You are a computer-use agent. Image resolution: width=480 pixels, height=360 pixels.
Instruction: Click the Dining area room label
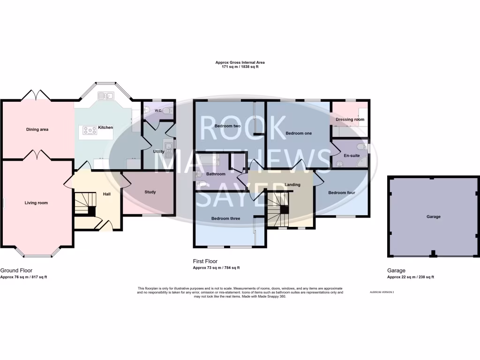[x=37, y=129]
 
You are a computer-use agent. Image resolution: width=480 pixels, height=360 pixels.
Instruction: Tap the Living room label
[x=36, y=203]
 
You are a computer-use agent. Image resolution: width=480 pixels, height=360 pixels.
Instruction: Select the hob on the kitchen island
[x=89, y=130]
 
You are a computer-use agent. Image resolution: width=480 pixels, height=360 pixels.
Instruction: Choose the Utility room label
[x=158, y=151]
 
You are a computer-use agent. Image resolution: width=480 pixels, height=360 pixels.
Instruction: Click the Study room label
[x=150, y=192]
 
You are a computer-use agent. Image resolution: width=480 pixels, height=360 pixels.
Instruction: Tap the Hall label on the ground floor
[x=106, y=194]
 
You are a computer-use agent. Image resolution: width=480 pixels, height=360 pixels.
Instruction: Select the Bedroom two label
[x=227, y=126]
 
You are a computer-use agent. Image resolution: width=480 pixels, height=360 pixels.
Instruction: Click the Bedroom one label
[x=299, y=133]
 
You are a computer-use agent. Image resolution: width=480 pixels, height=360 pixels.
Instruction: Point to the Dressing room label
[x=350, y=120]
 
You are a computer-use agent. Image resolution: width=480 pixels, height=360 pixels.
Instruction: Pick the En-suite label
[x=351, y=155]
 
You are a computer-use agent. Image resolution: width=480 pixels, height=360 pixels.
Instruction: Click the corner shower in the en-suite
[x=361, y=163]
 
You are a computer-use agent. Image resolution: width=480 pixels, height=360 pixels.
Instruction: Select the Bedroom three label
[x=225, y=218]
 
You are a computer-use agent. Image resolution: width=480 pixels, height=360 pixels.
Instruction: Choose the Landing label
[x=292, y=185]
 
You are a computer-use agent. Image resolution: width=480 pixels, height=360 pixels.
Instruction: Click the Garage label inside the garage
[x=433, y=217]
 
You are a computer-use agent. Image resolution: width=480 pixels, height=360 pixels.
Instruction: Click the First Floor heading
[x=205, y=261]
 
